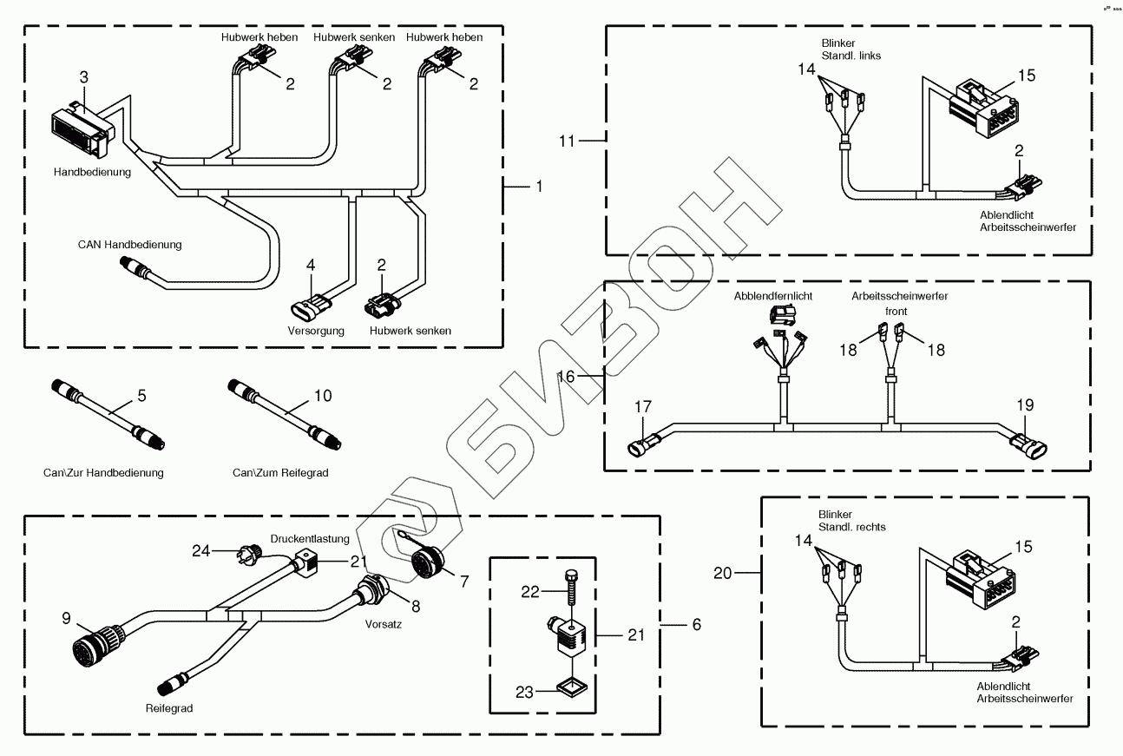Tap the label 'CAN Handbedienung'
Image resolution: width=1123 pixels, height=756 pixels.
(x=130, y=245)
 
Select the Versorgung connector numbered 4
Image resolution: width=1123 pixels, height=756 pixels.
(x=313, y=308)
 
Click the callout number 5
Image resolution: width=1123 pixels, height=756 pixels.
(x=141, y=396)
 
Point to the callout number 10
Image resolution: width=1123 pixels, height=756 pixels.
(x=322, y=396)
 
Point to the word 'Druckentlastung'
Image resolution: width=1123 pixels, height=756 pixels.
(x=309, y=539)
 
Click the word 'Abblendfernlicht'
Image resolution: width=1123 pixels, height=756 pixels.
(x=773, y=296)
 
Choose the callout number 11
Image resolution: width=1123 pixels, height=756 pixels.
(x=567, y=140)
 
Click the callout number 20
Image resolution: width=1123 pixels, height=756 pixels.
(x=723, y=573)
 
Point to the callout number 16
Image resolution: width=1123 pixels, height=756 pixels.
(x=566, y=377)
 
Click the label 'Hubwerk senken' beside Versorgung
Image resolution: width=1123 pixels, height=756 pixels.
(x=410, y=331)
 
